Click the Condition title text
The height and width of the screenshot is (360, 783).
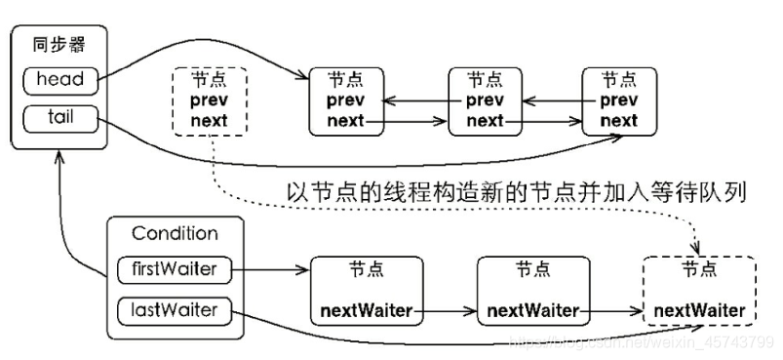click(175, 233)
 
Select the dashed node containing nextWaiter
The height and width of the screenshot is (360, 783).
click(699, 290)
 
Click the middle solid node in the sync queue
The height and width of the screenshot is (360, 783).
click(485, 100)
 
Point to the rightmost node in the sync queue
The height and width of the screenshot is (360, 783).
click(618, 100)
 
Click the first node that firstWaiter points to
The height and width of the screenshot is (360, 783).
click(367, 290)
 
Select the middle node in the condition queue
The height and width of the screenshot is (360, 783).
click(532, 290)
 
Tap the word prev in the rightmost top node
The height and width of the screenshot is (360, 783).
click(618, 100)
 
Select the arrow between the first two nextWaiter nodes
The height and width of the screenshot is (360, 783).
click(450, 311)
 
